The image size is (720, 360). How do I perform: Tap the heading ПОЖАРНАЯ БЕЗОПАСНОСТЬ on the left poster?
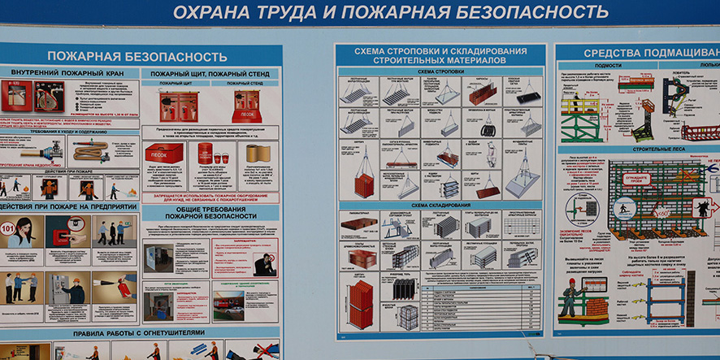137,56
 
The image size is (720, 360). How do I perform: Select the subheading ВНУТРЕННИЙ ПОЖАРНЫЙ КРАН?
68,73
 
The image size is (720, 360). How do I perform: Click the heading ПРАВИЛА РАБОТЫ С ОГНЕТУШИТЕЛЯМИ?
138,333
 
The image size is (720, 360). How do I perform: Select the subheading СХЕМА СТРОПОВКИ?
440,72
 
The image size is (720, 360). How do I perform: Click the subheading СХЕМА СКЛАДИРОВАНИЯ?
440,206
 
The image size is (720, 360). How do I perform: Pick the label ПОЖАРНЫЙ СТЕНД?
245,84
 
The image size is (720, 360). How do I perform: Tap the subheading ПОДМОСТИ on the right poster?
608,65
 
